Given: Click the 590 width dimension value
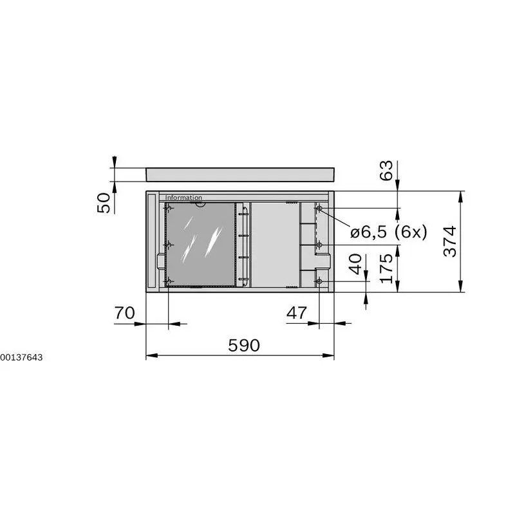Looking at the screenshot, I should (x=244, y=346).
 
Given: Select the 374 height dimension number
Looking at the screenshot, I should (x=451, y=241).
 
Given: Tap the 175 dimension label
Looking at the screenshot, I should (x=387, y=268).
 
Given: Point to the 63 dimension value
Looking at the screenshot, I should (x=387, y=171).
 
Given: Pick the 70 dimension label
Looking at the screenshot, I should (x=124, y=314).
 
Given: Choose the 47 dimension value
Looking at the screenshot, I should (x=296, y=314).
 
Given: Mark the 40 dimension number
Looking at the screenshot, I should (x=355, y=264).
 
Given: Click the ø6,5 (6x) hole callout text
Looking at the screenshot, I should (x=389, y=233).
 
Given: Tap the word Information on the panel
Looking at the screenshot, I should (x=183, y=198).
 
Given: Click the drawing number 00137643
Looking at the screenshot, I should (x=22, y=357).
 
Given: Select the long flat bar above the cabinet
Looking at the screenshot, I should (x=241, y=174).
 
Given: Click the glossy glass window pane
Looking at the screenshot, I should (x=201, y=244).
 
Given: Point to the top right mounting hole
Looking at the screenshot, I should (x=319, y=208).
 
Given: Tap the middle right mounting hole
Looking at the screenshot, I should (x=319, y=245).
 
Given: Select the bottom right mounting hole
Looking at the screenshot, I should (x=319, y=281).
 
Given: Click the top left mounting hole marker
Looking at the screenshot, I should (x=169, y=208).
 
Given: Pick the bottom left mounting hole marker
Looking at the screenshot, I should (x=169, y=282).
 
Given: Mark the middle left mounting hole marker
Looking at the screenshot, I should (x=169, y=245).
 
